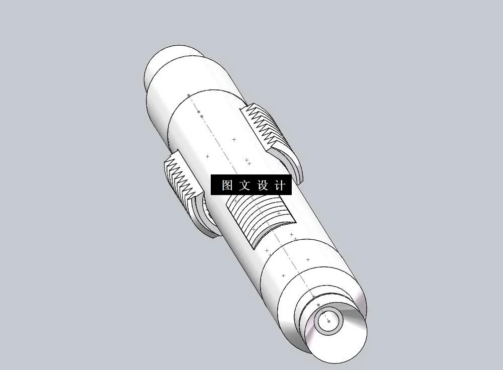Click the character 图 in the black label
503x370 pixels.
[226, 185]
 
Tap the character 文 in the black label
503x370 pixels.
[244, 185]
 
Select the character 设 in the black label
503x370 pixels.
[263, 185]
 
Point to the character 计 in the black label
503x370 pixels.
[280, 185]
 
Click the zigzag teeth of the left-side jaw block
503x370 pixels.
[180, 176]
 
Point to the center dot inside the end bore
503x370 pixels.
[328, 320]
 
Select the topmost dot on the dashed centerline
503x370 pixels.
[189, 96]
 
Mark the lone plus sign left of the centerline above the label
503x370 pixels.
[207, 156]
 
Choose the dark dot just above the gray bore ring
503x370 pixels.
[318, 305]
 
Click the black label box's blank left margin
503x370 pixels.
[215, 185]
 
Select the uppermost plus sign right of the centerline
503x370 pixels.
[234, 139]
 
